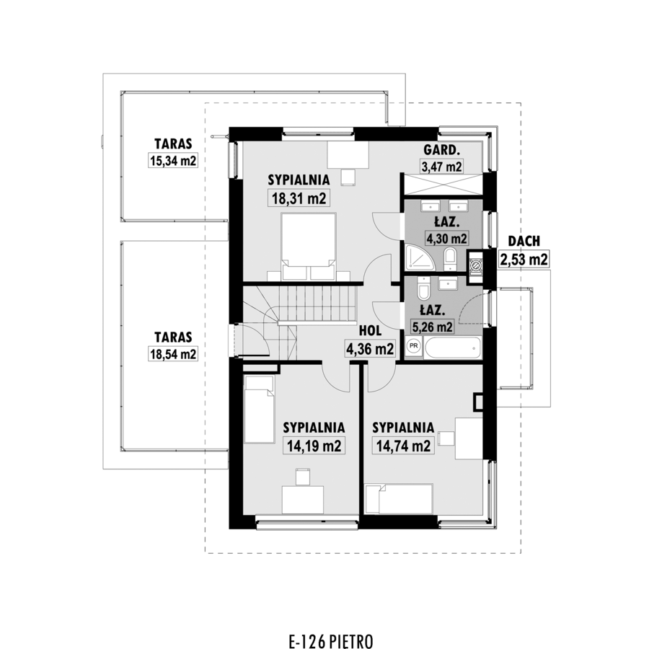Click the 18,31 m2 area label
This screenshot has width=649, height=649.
299,198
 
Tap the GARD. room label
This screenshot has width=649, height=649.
441,150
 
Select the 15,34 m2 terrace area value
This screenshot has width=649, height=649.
173,161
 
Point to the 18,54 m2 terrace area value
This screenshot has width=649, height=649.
173,354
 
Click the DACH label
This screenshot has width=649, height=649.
524,241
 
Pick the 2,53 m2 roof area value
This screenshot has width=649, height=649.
524,260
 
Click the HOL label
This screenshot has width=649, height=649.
370,331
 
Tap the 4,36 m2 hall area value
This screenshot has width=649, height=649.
370,349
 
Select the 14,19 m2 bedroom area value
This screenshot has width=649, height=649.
314,446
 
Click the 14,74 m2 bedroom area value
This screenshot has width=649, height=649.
404,446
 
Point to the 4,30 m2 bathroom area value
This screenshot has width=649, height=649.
446,239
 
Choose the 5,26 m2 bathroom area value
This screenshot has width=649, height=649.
432,327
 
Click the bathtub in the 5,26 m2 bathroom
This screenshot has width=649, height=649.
453,348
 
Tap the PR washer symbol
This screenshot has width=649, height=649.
413,345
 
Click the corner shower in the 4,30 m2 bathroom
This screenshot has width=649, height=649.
420,258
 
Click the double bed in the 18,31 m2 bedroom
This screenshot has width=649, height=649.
309,247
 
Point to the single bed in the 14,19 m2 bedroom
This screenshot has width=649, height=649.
259,409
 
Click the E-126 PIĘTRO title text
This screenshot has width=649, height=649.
331,640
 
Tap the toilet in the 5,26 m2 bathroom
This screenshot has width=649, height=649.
424,288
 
